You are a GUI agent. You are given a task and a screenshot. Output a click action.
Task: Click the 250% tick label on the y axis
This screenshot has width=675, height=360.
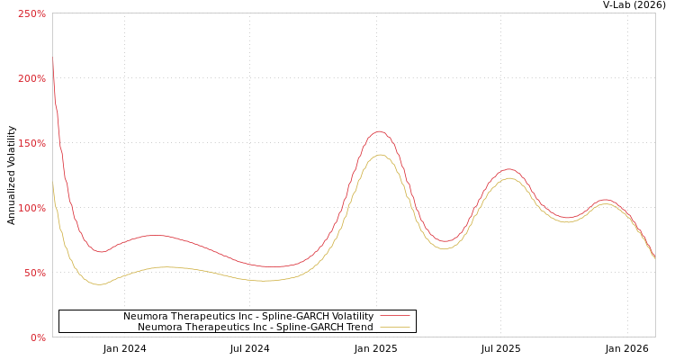click(31, 13)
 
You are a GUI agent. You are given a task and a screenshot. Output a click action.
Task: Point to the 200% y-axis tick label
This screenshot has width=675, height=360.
click(31, 78)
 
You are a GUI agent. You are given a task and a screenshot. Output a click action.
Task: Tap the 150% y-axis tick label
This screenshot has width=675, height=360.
click(31, 143)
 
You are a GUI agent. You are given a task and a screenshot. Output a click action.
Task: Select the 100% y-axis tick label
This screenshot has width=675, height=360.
click(31, 208)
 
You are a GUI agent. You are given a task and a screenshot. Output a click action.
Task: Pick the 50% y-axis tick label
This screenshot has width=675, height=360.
click(34, 273)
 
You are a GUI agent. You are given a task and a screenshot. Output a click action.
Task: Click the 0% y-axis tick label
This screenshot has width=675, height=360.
click(38, 337)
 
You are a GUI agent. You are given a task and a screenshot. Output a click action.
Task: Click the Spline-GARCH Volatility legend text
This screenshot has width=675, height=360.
click(247, 316)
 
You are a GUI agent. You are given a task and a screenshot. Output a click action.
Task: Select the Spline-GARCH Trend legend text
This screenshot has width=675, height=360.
click(255, 327)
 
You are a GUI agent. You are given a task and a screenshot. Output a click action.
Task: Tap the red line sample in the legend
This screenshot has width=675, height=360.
click(394, 316)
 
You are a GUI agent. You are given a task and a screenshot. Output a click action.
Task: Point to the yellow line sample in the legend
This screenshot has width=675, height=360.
click(394, 327)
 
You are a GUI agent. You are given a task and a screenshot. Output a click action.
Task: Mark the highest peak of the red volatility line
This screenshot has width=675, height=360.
click(379, 131)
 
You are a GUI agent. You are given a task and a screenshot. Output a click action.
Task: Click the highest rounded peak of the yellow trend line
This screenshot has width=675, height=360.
click(380, 155)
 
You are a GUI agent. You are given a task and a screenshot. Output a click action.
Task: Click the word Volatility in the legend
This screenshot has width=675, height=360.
click(349, 316)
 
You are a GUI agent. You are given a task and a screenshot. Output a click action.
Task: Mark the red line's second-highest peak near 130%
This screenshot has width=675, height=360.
click(509, 169)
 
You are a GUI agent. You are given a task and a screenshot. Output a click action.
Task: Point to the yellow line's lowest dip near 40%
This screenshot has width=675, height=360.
click(99, 284)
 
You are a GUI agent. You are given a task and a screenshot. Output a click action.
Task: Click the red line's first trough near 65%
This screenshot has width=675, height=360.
click(100, 252)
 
